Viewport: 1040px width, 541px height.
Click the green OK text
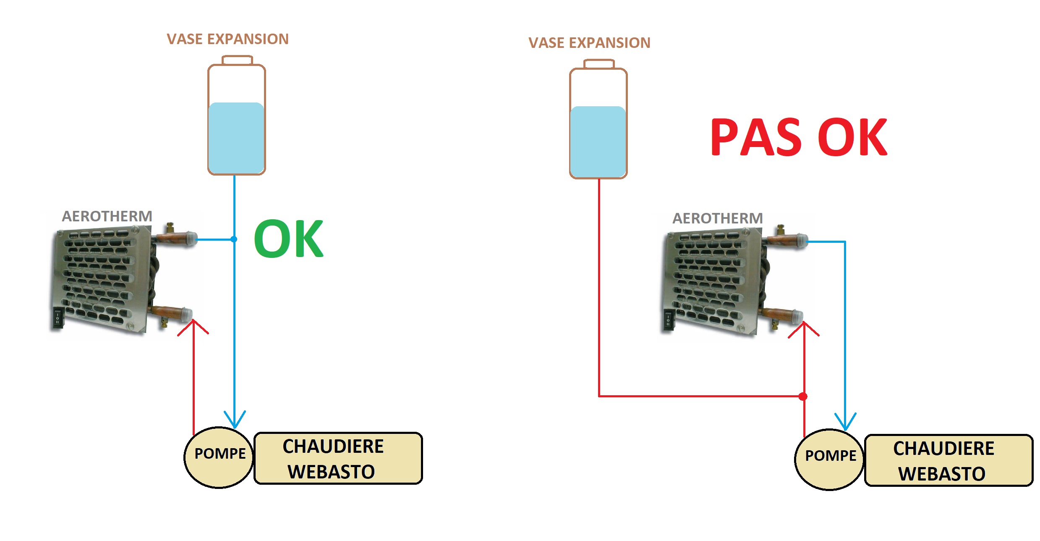tap(288, 239)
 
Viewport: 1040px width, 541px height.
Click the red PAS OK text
tap(798, 137)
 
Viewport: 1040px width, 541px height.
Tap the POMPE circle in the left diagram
tap(219, 457)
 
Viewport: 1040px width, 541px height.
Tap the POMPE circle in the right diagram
tap(830, 460)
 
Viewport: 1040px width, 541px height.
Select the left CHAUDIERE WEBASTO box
tap(338, 458)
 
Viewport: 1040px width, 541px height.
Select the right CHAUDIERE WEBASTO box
tap(949, 460)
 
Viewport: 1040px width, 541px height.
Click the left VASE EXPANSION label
tap(227, 39)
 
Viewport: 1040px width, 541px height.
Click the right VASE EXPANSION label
tap(589, 43)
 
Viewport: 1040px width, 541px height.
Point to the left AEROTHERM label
tap(107, 216)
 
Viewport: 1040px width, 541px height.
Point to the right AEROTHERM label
tap(718, 218)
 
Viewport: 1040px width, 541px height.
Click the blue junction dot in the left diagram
tap(234, 239)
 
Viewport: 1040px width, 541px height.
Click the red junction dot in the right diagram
tap(803, 396)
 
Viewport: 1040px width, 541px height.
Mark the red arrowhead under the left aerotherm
tap(193, 326)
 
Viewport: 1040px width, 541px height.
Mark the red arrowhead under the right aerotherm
tap(804, 328)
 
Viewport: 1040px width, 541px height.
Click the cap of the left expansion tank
tap(237, 60)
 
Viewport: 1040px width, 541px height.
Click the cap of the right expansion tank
tap(599, 64)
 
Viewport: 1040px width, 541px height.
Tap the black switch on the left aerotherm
tap(57, 318)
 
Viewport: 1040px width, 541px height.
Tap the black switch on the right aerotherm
tap(668, 320)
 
